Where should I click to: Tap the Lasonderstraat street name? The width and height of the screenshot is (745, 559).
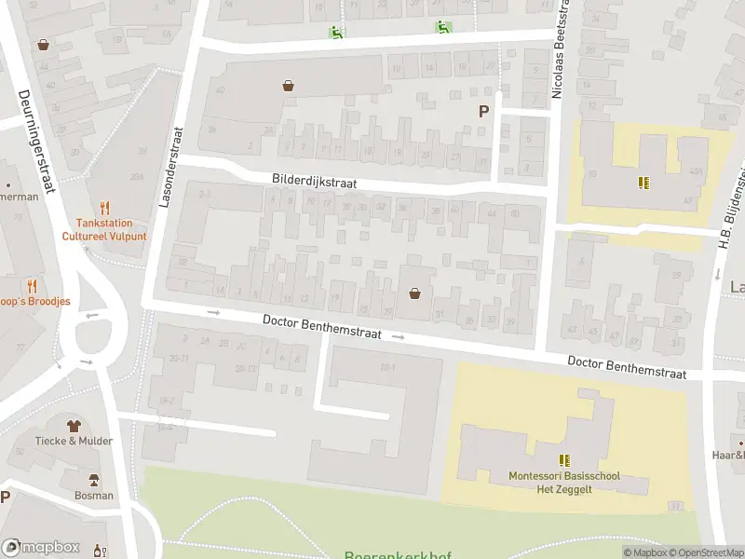pyautogui.click(x=171, y=167)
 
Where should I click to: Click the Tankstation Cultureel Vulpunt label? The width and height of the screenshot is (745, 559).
pyautogui.click(x=104, y=230)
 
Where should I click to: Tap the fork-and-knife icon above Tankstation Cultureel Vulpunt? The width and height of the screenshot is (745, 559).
pyautogui.click(x=104, y=209)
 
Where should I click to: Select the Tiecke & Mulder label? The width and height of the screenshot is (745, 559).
pyautogui.click(x=74, y=441)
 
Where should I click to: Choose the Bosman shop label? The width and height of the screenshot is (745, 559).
pyautogui.click(x=94, y=496)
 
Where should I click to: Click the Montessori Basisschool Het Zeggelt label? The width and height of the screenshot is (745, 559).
pyautogui.click(x=564, y=483)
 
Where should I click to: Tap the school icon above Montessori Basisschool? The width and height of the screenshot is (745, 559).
pyautogui.click(x=564, y=460)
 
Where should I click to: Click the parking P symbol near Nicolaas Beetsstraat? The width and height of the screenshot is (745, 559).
pyautogui.click(x=482, y=111)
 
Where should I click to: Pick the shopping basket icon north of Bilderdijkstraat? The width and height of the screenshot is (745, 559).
pyautogui.click(x=289, y=86)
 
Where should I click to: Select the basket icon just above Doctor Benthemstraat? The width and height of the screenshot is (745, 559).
pyautogui.click(x=414, y=293)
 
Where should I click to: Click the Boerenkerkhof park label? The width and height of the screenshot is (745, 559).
pyautogui.click(x=398, y=555)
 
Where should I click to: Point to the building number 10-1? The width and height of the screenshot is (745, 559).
pyautogui.click(x=387, y=368)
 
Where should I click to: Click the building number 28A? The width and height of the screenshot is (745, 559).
pyautogui.click(x=137, y=177)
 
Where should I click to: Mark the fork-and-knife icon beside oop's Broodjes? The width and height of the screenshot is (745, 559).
pyautogui.click(x=34, y=286)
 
